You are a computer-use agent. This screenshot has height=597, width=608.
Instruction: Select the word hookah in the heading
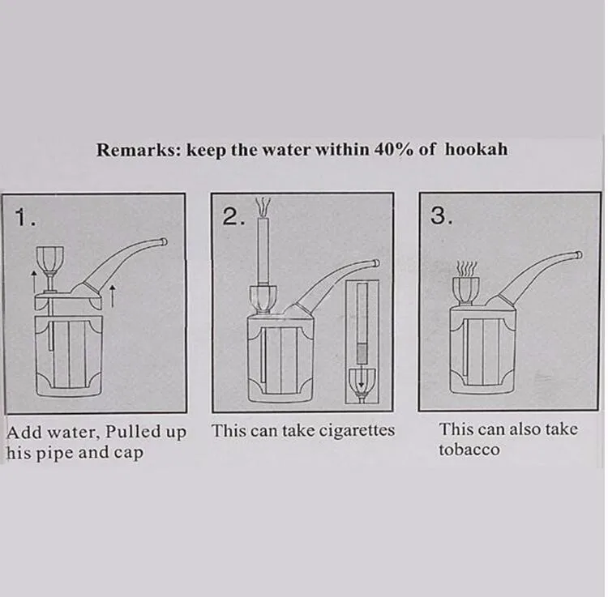coord(476,149)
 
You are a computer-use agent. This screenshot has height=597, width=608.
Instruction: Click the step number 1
coord(24,217)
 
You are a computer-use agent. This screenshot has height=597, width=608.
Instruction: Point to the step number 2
coord(233,217)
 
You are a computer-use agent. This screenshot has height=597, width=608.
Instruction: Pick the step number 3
coord(441,215)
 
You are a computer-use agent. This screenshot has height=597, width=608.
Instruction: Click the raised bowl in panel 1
coord(50,259)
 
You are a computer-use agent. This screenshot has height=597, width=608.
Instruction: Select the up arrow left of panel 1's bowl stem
coord(34,282)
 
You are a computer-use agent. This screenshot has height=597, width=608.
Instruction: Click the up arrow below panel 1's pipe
coord(112,295)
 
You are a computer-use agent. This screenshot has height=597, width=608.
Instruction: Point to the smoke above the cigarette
coord(263,207)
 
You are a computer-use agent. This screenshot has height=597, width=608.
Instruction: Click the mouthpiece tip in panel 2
coord(375,263)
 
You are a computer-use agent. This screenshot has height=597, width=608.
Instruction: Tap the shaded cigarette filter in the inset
coord(362,353)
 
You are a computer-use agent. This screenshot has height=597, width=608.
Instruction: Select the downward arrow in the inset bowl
coord(362,376)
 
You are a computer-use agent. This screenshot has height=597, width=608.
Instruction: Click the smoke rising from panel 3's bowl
coord(466,268)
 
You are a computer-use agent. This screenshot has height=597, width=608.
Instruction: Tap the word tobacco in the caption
coord(469,450)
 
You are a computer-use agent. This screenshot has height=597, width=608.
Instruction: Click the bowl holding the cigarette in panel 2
coord(263,299)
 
